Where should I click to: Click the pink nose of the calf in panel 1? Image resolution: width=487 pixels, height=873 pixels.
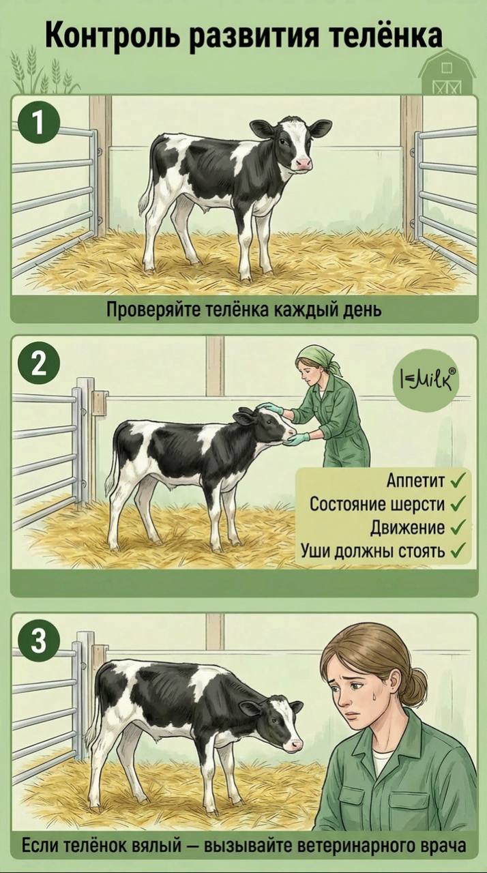(x=304, y=164)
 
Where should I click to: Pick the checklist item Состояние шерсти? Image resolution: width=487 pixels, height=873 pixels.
(x=377, y=504)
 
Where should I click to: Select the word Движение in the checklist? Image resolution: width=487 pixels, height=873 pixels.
(x=407, y=528)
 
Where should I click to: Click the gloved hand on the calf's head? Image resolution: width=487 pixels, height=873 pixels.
(x=269, y=407)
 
